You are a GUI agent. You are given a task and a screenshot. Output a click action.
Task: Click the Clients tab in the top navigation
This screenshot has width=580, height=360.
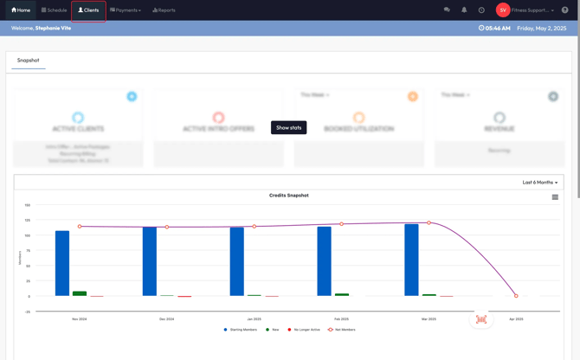[88, 10]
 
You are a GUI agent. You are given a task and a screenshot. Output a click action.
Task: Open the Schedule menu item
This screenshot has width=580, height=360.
[54, 10]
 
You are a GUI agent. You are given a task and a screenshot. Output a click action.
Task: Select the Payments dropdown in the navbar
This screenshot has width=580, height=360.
[126, 10]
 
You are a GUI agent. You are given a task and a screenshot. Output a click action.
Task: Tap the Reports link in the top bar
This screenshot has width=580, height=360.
[164, 10]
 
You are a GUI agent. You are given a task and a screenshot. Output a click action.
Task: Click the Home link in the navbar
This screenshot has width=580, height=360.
[21, 10]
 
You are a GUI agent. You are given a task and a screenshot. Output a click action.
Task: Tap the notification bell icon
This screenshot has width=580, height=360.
[464, 10]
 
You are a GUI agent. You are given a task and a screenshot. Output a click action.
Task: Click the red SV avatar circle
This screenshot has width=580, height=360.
[503, 10]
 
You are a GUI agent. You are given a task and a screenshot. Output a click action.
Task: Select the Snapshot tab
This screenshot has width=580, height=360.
[28, 61]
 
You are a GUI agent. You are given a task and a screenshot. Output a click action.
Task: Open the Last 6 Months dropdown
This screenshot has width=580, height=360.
[539, 183]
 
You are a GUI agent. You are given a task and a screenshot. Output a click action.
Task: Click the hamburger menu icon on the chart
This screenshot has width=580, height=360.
[555, 197]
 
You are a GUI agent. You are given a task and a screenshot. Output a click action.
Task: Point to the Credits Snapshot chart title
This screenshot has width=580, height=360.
[288, 196]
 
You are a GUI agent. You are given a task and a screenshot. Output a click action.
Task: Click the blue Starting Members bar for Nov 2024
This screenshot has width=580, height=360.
[62, 263]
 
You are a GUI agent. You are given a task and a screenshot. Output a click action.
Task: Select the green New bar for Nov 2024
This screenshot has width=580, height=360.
[80, 294]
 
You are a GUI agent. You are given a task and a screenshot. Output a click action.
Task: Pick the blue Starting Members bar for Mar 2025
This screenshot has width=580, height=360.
[411, 260]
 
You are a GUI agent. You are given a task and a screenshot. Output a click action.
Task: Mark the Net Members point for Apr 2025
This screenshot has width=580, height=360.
[516, 296]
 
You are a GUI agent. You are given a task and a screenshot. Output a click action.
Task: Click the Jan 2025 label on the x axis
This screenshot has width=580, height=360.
[254, 319]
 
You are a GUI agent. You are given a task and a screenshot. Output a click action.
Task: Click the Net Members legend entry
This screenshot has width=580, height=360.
[342, 330]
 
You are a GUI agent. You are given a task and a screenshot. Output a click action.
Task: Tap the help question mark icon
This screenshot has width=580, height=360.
[565, 10]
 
